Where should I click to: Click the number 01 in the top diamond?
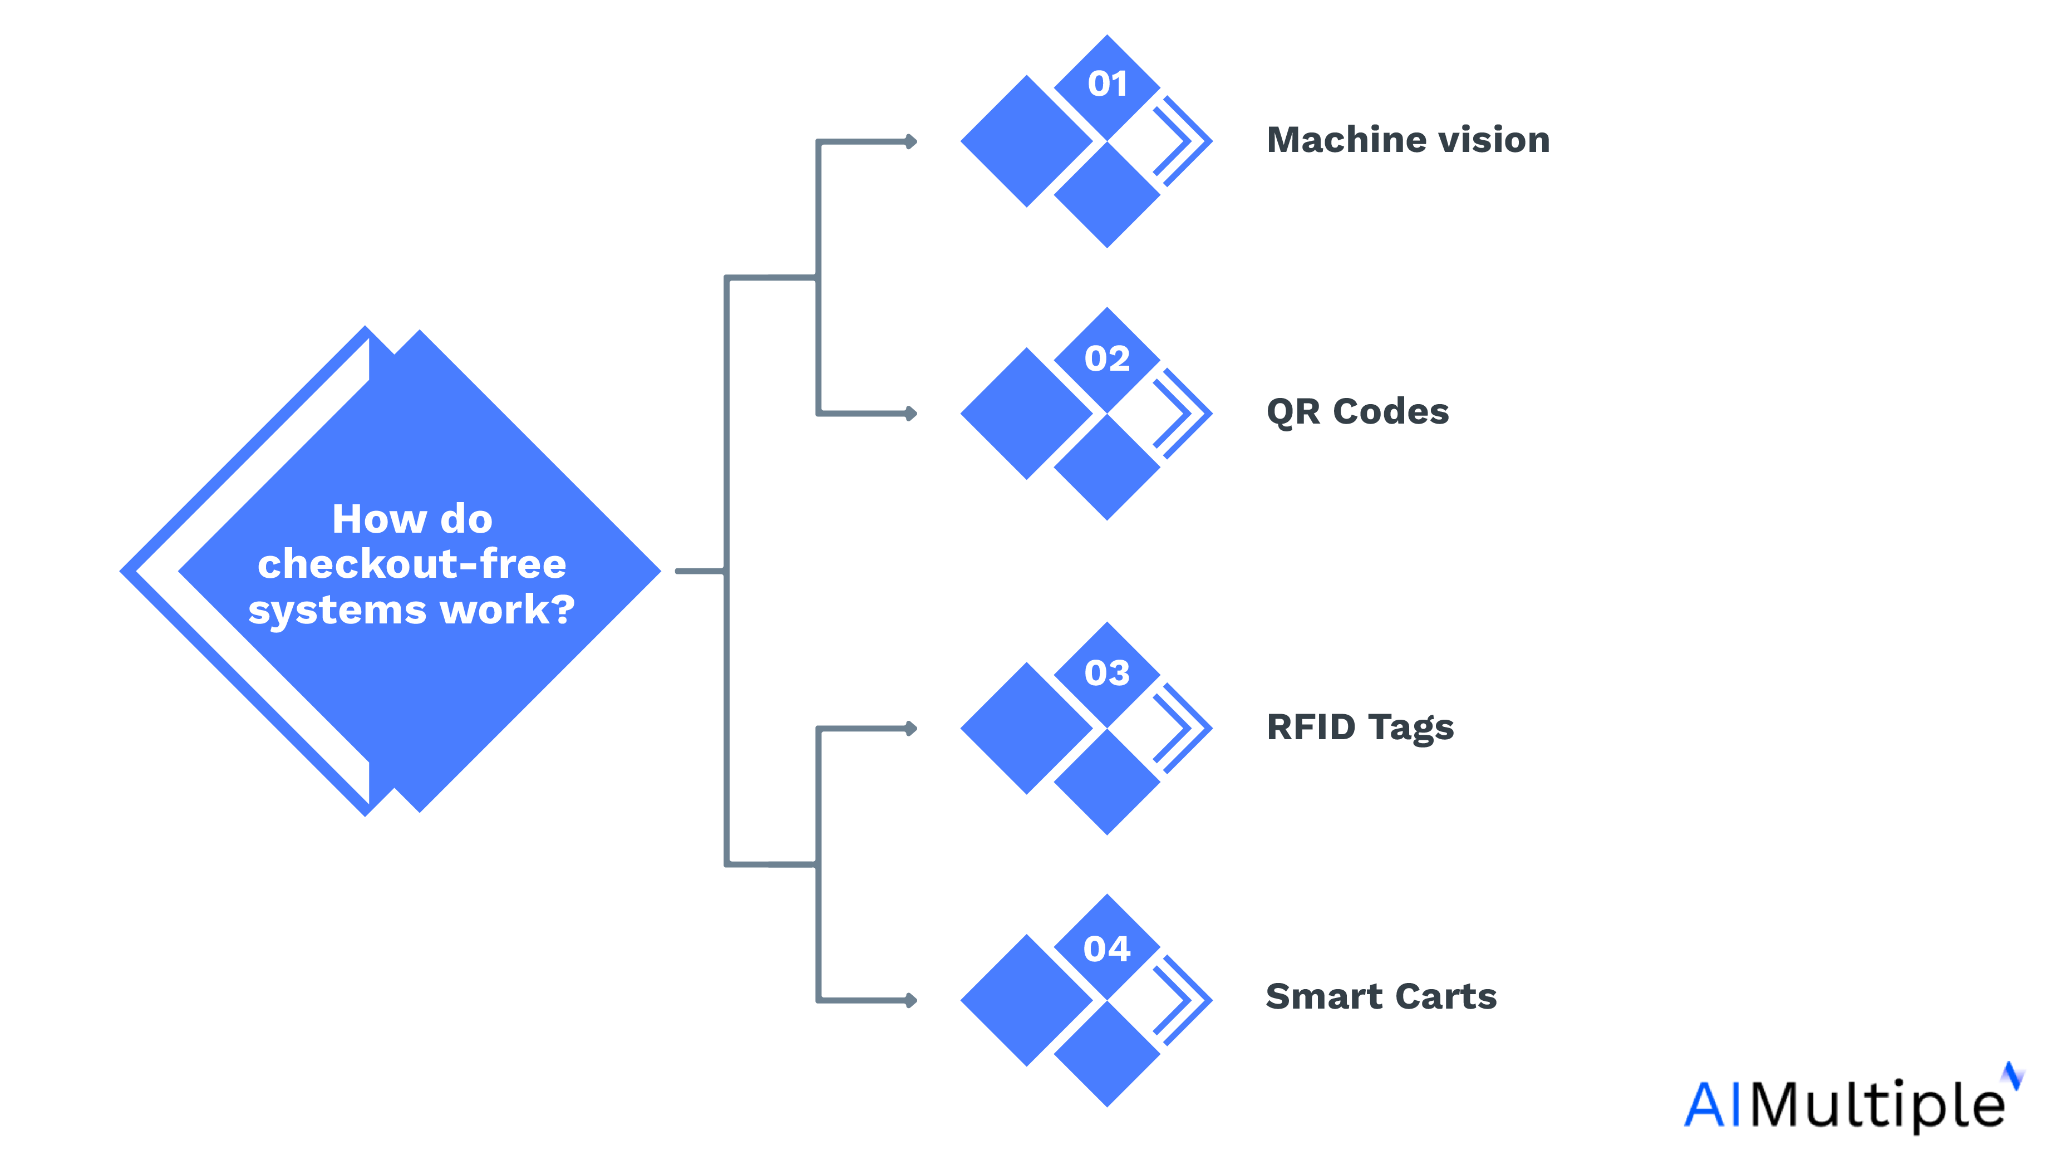coord(1107,84)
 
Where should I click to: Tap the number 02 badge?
coord(1107,358)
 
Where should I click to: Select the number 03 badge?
coord(1107,674)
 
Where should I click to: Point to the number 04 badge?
coord(1107,949)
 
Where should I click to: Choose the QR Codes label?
coord(1357,412)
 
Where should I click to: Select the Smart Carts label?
coord(1381,997)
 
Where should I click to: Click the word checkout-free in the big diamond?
coord(412,564)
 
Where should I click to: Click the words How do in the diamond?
coord(412,519)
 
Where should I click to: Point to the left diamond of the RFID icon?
coord(1027,729)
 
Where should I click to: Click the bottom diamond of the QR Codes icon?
coord(1107,468)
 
